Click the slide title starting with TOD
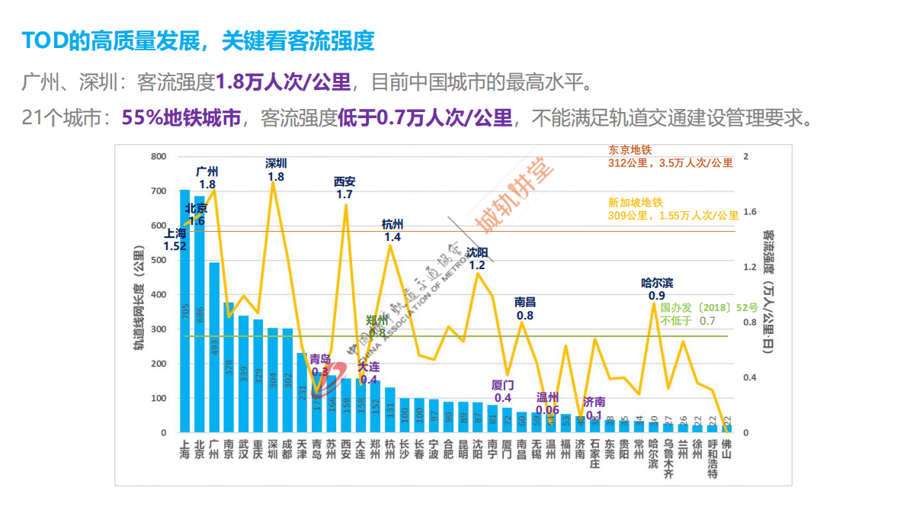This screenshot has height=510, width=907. pos(198,41)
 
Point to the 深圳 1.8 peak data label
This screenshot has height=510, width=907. pos(276,170)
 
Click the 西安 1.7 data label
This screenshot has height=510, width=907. pos(345,188)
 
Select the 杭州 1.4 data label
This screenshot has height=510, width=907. pos(393,230)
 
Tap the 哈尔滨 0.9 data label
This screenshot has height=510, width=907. pos(656,290)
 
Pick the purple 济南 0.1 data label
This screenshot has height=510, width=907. pos(594,409)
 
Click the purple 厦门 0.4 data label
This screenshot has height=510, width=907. pos(503,391)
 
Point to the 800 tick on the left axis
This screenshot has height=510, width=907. pos(159,156)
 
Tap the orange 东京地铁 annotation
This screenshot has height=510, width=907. pos(670,156)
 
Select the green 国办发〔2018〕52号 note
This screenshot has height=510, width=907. pos(709,314)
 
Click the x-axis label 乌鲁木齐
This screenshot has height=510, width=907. pos(668,457)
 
